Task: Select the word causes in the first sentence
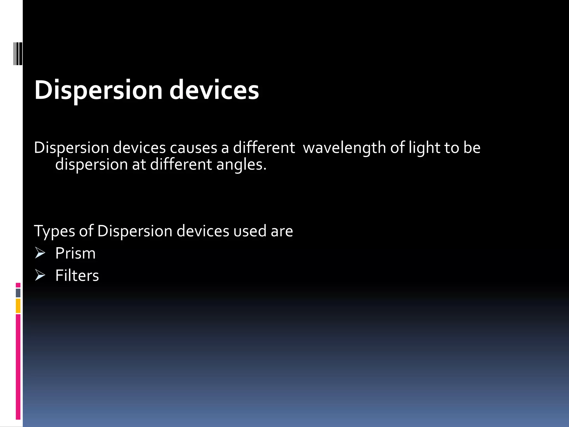coord(193,148)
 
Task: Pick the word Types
coord(54,231)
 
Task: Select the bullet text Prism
coord(75,253)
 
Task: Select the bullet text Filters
coord(77,275)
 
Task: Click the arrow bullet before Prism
coord(40,253)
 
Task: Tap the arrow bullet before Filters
coord(40,275)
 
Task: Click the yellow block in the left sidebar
coord(18,306)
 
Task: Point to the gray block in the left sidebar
coord(18,293)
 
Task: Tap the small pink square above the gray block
coord(18,285)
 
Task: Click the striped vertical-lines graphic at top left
coord(18,54)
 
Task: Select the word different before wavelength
coord(264,148)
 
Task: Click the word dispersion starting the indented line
coord(91,165)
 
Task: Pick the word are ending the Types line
coord(282,231)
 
